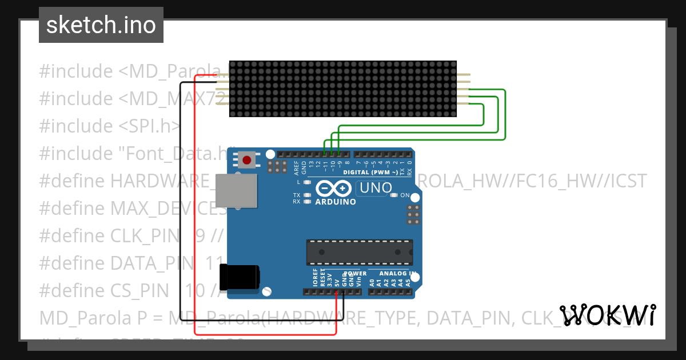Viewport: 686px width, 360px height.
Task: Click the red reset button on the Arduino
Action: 247,160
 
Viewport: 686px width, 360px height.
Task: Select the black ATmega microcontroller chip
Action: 359,250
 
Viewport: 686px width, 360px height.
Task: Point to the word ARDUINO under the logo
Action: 336,202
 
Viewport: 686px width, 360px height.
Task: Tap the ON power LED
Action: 393,195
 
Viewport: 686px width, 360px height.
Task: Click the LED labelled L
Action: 308,182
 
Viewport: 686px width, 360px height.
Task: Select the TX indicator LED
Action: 308,195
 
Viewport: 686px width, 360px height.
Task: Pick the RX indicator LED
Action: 308,201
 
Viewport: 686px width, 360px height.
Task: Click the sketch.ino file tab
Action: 101,25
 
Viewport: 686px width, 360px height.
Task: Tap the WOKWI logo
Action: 607,315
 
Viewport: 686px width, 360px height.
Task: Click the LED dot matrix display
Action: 343,89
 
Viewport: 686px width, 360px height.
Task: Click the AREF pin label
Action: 296,167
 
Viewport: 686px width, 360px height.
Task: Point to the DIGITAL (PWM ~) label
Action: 369,172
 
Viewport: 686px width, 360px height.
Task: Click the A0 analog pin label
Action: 372,281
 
